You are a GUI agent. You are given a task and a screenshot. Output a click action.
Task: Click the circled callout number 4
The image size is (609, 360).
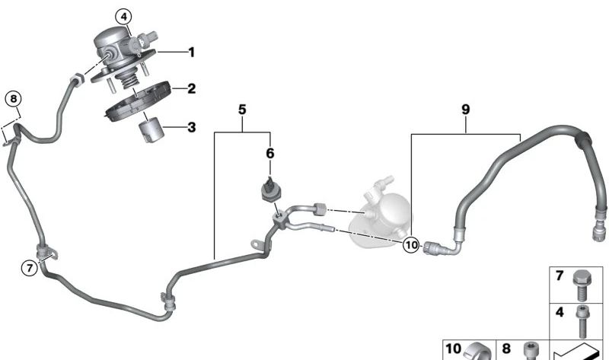(123, 17)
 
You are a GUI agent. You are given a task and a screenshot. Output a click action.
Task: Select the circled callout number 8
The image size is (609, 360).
(14, 99)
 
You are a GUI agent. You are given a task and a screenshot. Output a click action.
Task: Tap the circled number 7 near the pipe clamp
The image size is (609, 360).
(30, 268)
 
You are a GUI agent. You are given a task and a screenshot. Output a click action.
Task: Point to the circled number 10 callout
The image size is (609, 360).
(411, 244)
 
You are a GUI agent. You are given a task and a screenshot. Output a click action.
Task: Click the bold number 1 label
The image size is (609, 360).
(191, 52)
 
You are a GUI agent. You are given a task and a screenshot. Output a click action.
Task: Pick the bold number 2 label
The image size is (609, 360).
(191, 88)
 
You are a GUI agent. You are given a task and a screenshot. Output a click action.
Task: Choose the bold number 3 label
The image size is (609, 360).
(192, 127)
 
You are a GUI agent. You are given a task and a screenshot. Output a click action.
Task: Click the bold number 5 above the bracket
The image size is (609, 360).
(242, 110)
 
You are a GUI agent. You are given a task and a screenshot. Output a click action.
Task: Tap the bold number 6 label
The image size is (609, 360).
(270, 154)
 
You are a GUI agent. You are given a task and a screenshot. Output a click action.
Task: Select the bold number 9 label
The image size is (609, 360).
(466, 110)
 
